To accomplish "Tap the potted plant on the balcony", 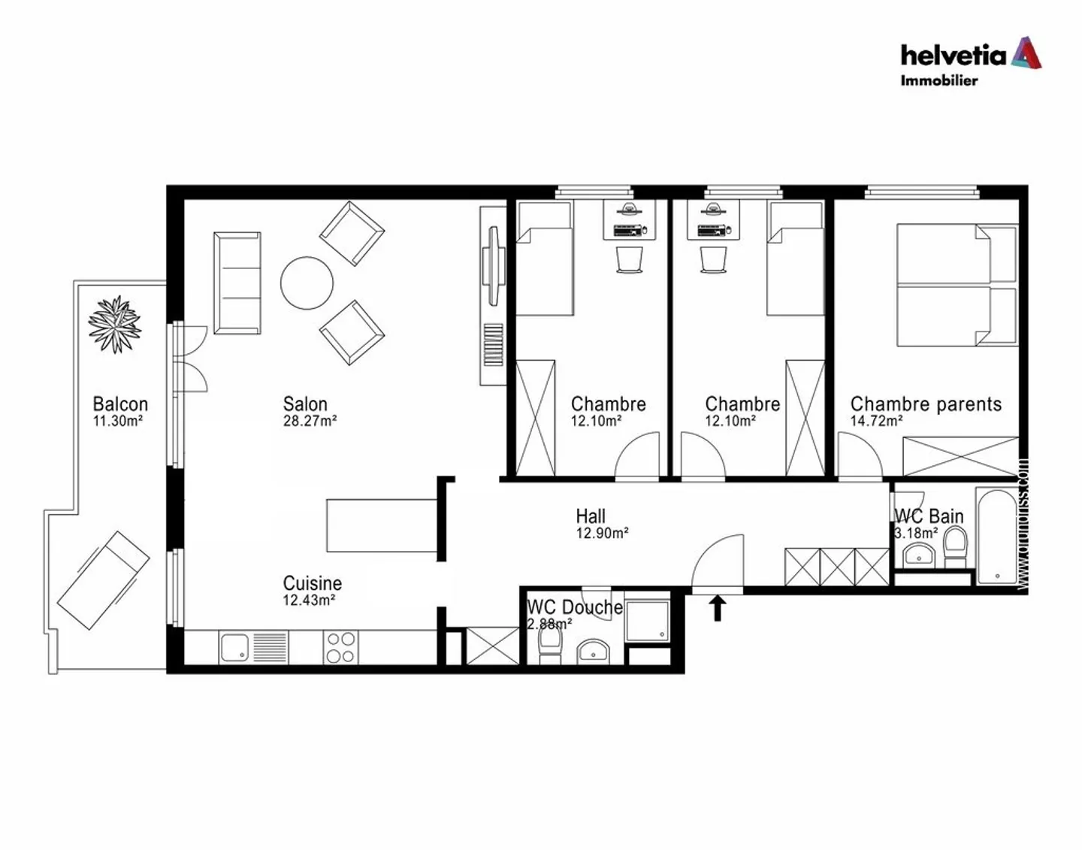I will [114, 324].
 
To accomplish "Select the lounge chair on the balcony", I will [104, 579].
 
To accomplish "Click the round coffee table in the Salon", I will [307, 283].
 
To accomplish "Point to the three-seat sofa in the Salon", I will [237, 283].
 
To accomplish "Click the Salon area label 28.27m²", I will [310, 422].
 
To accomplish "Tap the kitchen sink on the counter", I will [234, 647].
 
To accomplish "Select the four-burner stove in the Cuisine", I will [340, 647].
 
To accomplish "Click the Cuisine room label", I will [312, 583].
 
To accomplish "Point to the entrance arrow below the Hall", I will [717, 607].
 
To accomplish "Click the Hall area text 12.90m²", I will [602, 534].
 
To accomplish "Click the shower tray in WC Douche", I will [647, 621].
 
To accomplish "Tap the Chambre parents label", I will [926, 404].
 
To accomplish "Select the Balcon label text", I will [120, 404].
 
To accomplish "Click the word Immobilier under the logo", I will [939, 80].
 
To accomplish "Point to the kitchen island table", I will [382, 525].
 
